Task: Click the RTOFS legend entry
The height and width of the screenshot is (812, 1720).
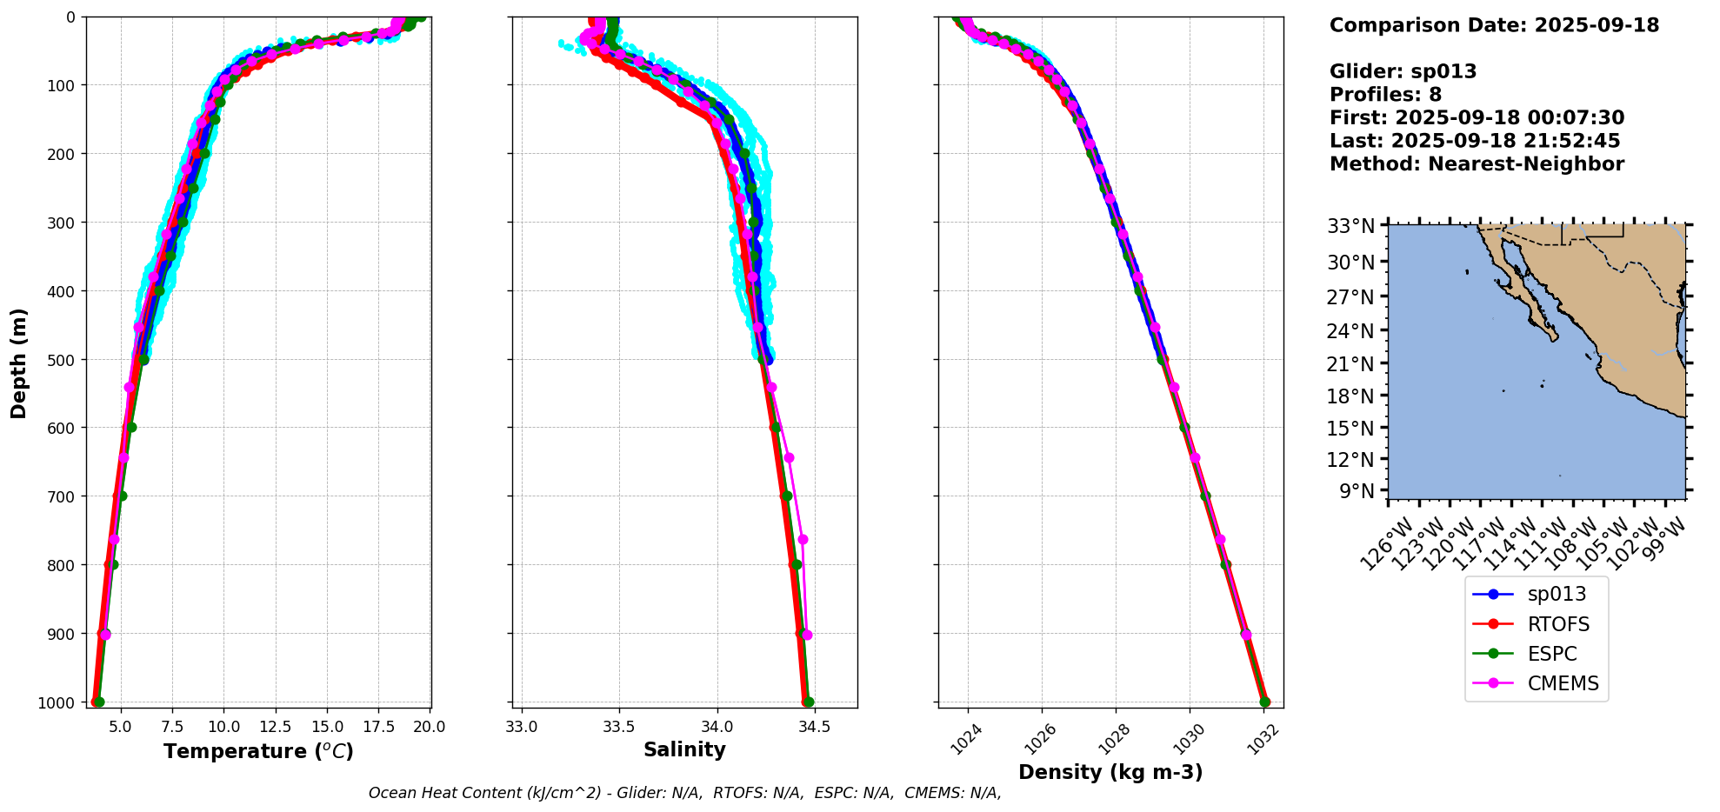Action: tap(1558, 624)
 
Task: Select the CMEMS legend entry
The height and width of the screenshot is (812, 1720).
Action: tap(1563, 683)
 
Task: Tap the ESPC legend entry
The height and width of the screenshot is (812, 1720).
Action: tap(1551, 654)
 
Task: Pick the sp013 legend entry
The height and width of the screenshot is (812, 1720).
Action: tap(1557, 594)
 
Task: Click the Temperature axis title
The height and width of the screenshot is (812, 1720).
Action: tap(258, 751)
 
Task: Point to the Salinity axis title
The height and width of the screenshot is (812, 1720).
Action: tap(684, 749)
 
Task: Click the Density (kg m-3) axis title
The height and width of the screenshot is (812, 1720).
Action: tap(1110, 772)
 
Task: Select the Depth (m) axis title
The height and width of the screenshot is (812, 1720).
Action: tap(18, 363)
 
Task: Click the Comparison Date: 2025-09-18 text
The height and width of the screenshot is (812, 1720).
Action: tap(1494, 25)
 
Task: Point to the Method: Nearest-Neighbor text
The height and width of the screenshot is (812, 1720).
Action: tap(1477, 163)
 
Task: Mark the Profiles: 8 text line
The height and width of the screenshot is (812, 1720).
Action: tap(1385, 95)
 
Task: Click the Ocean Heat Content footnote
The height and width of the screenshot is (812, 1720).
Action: tap(684, 793)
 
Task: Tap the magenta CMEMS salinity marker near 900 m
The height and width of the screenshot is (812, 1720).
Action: tap(807, 635)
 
